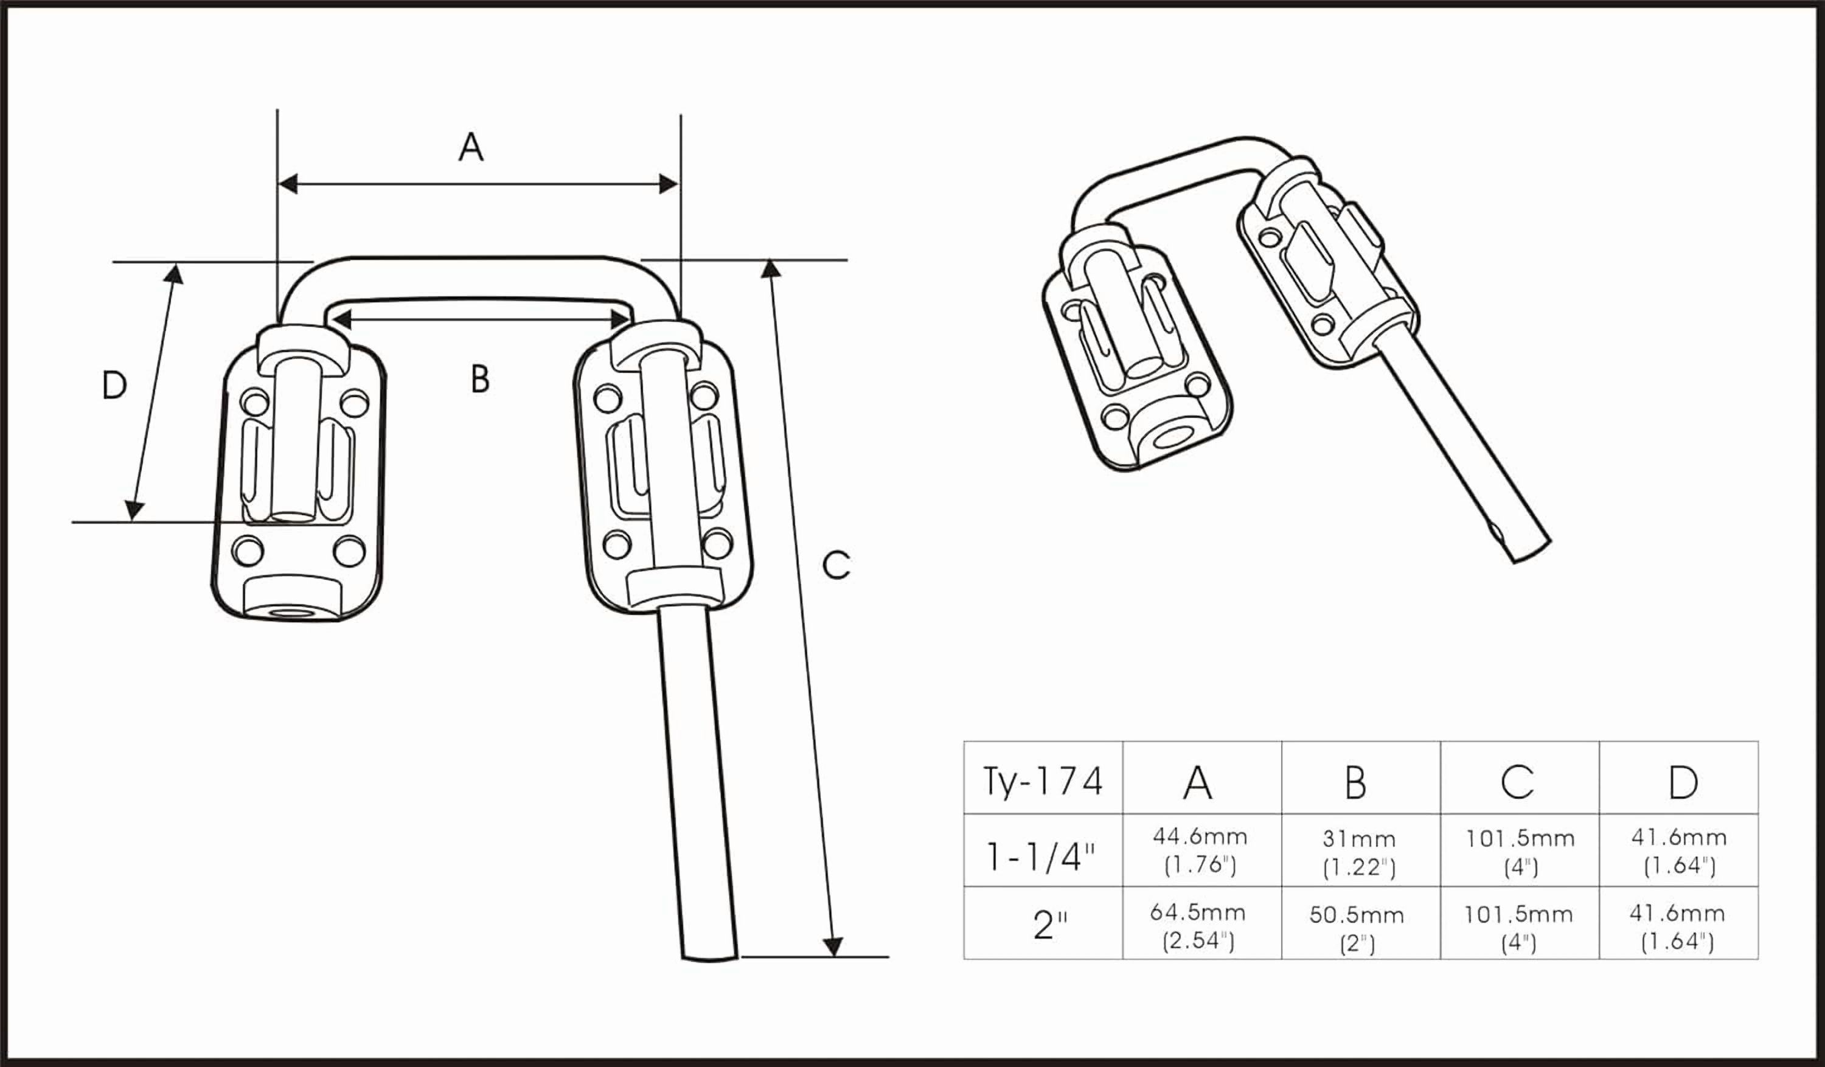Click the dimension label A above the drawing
pos(471,147)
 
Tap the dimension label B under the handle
pos(479,379)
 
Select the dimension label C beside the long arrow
pos(836,565)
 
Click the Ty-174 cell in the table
pos(1042,782)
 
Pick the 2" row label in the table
pos(1050,925)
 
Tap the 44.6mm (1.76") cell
pos(1200,850)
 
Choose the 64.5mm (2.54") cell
pos(1198,926)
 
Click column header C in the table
pos(1517,782)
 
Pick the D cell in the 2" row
pos(1677,926)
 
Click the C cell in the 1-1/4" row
pos(1520,851)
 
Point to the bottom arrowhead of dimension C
pos(833,947)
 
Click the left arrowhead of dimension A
pos(288,184)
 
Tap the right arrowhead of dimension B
pos(620,319)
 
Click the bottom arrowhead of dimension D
pos(134,510)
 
